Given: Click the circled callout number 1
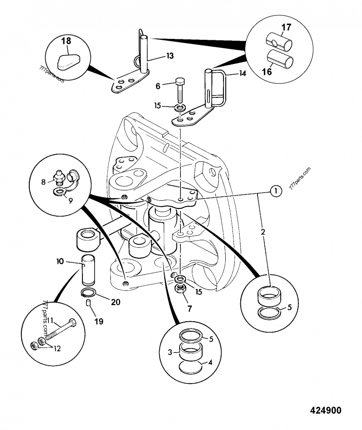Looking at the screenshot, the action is pos(276,191).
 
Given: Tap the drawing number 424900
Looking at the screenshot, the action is pos(326,410).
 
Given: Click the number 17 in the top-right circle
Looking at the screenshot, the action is pos(286,28).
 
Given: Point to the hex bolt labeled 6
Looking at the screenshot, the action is pos(180,90).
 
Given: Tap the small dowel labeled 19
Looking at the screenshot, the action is pos(88,303).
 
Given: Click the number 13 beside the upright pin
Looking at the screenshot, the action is pos(170,56).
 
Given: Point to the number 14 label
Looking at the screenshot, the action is pos(243,73).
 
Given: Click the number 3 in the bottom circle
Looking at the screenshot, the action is pos(170,352).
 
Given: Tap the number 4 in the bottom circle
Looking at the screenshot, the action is pos(210,362).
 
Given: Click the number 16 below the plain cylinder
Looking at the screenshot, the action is pos(267,72).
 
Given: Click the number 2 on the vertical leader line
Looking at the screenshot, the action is pos(263,232).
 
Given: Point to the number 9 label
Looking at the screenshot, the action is pos(71,201).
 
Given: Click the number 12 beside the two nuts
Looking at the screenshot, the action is pos(57,348).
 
